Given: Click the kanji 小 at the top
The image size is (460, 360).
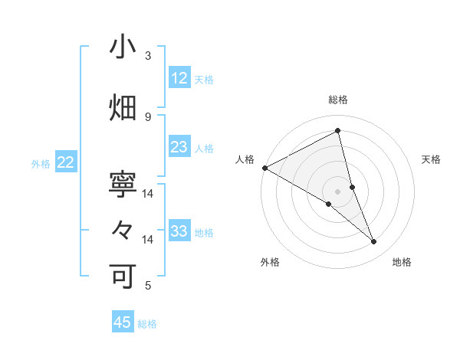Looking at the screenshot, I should [123, 47].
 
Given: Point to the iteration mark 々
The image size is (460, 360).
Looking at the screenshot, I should [123, 231].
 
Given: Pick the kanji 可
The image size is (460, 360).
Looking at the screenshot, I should [123, 277].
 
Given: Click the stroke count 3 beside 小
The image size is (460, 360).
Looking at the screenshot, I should [148, 56].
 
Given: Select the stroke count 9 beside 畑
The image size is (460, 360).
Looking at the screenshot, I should [148, 116].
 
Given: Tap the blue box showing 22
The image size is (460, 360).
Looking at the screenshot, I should [66, 162].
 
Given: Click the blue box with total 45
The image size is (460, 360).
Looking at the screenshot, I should [123, 322].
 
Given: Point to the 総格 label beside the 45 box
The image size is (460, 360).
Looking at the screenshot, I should [147, 324].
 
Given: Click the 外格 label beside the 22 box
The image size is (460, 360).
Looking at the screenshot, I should [41, 164].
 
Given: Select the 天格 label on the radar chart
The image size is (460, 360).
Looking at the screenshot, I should [432, 159].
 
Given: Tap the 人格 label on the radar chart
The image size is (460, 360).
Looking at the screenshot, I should [245, 159].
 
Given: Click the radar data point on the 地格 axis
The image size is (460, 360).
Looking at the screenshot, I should [373, 242].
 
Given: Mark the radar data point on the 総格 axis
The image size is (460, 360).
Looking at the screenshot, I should [337, 130].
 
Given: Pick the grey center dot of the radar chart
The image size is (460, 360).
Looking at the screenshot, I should [337, 191].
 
